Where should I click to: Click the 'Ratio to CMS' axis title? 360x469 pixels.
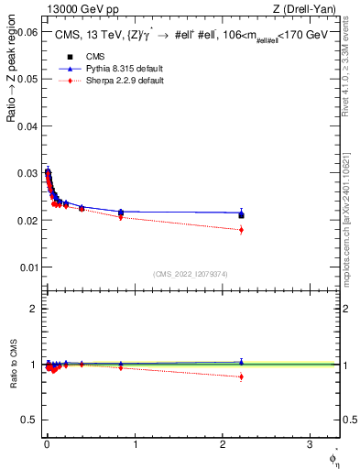click(12, 364)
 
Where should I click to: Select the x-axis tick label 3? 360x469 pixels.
click(311, 445)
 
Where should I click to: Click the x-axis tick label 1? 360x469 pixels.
click(135, 445)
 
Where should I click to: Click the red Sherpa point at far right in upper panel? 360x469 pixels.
click(241, 229)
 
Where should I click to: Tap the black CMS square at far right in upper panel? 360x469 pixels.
click(241, 214)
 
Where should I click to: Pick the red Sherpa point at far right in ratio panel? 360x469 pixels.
click(241, 376)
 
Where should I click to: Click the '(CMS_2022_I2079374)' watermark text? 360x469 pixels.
click(190, 272)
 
